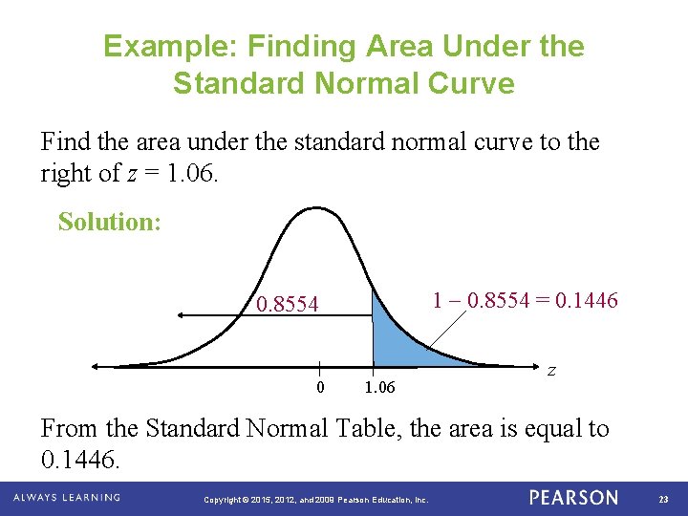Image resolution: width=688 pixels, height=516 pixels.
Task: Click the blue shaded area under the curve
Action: [397, 339]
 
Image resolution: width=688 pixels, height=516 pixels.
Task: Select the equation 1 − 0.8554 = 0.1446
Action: [525, 300]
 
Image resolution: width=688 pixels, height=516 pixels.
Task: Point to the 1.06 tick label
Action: [379, 388]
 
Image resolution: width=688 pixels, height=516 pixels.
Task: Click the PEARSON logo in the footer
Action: [573, 498]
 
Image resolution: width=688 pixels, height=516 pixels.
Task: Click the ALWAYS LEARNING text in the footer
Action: [67, 498]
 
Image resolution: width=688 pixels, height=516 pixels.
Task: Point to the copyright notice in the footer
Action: [317, 500]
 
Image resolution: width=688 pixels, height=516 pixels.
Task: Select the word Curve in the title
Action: [466, 83]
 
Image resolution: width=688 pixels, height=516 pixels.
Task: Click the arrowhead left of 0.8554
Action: [179, 314]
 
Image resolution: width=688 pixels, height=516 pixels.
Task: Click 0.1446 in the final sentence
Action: [80, 461]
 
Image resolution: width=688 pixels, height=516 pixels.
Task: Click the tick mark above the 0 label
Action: [319, 371]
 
